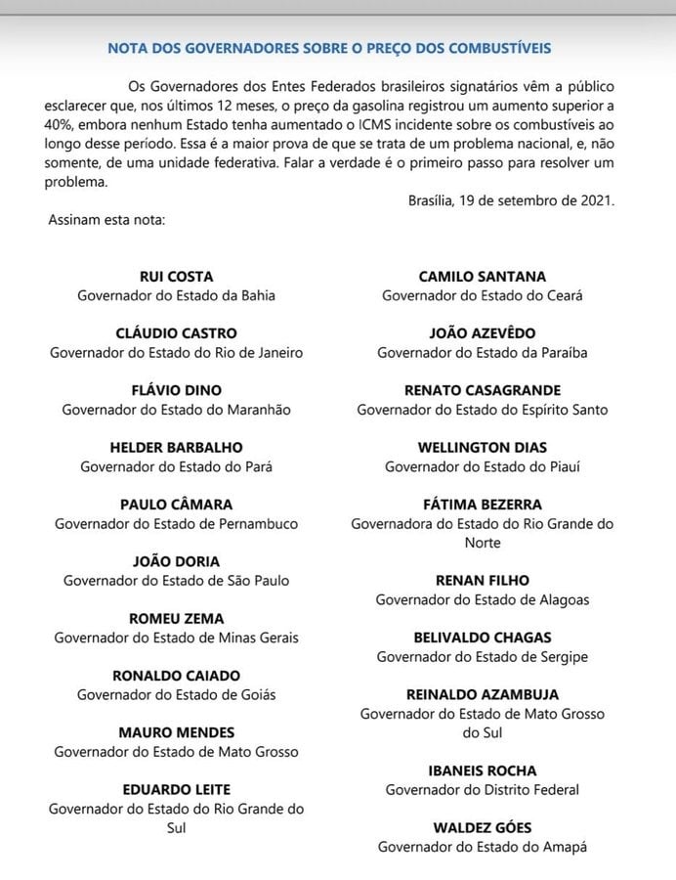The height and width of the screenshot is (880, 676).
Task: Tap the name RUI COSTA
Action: (x=177, y=277)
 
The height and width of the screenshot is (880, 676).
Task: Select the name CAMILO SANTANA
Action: (x=483, y=277)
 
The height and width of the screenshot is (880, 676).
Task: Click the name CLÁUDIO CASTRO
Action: (x=177, y=333)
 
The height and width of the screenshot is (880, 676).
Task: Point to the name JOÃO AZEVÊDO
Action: (x=483, y=333)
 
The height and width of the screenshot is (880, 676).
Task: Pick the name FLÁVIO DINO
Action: (x=177, y=390)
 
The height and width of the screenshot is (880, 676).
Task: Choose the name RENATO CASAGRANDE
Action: (x=483, y=390)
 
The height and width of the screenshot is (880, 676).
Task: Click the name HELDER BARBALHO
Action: (x=177, y=448)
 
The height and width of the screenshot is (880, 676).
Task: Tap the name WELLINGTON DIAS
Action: (x=483, y=448)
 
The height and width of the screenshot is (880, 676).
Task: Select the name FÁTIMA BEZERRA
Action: (x=483, y=505)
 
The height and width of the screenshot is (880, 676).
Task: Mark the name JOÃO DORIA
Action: (x=177, y=561)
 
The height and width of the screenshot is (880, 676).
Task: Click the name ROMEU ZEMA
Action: (x=177, y=618)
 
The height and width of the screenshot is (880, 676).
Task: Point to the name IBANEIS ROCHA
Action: (x=483, y=770)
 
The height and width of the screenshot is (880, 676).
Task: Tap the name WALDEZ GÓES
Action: (x=483, y=828)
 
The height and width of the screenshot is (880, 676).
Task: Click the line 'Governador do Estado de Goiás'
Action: (x=177, y=694)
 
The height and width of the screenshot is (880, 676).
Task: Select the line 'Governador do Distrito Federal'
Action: (x=483, y=789)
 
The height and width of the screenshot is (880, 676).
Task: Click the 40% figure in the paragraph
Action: (x=61, y=124)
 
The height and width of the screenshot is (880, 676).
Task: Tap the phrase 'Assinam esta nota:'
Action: (x=106, y=219)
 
